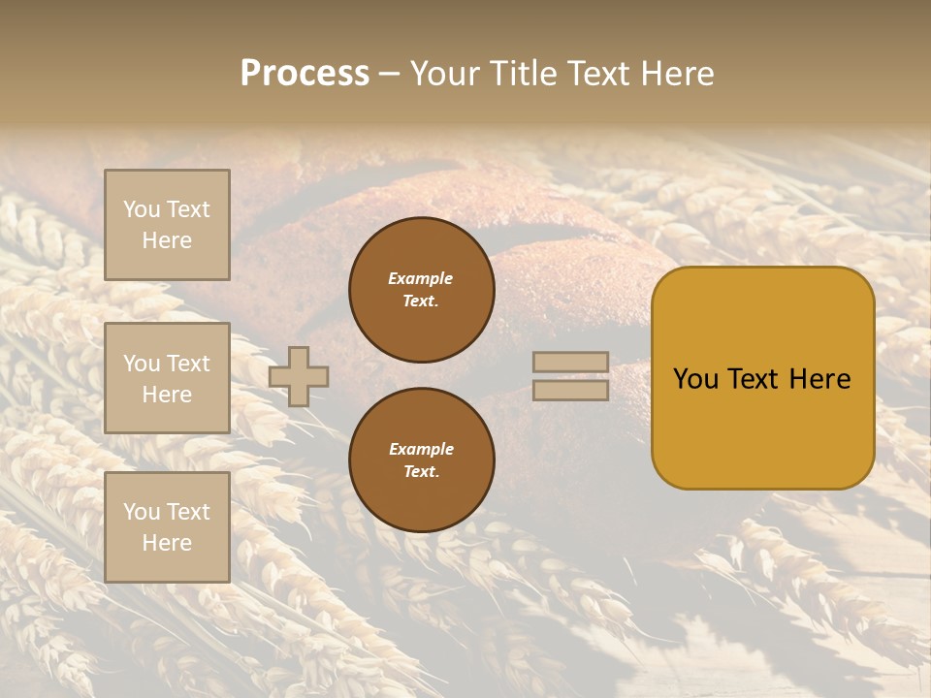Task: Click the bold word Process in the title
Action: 305,74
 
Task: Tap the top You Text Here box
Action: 167,225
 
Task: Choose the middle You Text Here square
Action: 167,378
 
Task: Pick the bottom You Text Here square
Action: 167,526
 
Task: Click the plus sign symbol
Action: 299,376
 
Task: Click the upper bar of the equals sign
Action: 570,362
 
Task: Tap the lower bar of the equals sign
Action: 570,391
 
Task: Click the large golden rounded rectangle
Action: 762,427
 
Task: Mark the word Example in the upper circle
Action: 421,278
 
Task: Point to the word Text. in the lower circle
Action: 421,471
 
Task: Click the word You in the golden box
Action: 695,379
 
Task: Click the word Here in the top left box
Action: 167,240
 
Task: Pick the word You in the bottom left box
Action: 142,511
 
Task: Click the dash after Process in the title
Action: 389,74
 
